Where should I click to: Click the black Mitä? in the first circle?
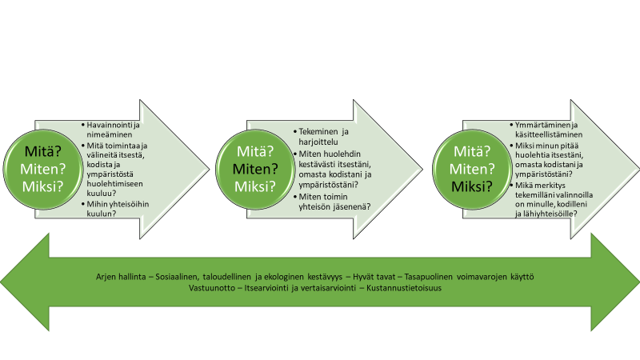pos(42,151)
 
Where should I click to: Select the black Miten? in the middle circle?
pos(255,169)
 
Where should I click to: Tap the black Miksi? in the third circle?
pos(472,186)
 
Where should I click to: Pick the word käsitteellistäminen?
pos(549,134)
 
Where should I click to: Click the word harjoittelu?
pos(318,142)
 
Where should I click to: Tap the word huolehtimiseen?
pos(114,184)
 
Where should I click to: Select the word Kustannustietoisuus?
pos(404,288)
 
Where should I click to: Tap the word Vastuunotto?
pos(212,288)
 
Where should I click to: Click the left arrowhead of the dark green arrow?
pos(25,282)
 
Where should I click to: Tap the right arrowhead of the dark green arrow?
pos(615,282)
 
